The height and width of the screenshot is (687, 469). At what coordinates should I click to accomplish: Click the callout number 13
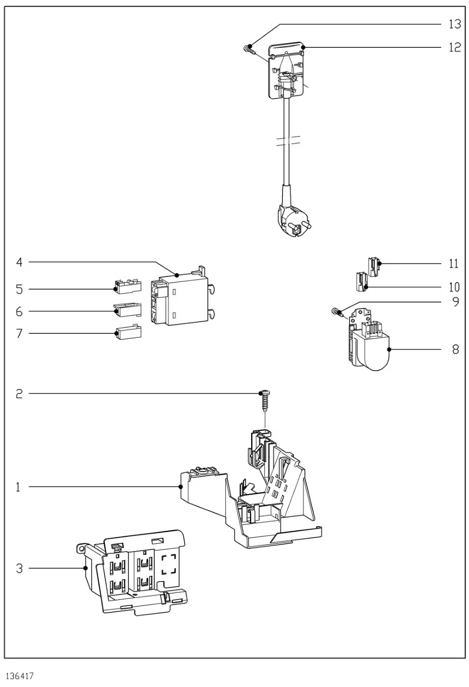(455, 24)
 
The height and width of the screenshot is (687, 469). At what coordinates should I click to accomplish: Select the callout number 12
(455, 47)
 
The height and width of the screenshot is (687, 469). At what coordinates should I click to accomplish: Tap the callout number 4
(19, 262)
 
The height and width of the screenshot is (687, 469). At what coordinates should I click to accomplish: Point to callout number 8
(455, 349)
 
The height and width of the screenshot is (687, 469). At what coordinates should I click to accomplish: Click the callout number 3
(19, 568)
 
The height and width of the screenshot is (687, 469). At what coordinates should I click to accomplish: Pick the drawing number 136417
(20, 677)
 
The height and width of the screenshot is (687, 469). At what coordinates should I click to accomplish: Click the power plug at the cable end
(291, 219)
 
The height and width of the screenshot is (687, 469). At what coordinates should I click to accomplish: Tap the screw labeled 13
(249, 49)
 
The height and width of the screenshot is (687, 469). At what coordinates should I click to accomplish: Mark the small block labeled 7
(129, 332)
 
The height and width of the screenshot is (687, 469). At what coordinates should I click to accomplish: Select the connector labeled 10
(361, 282)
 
